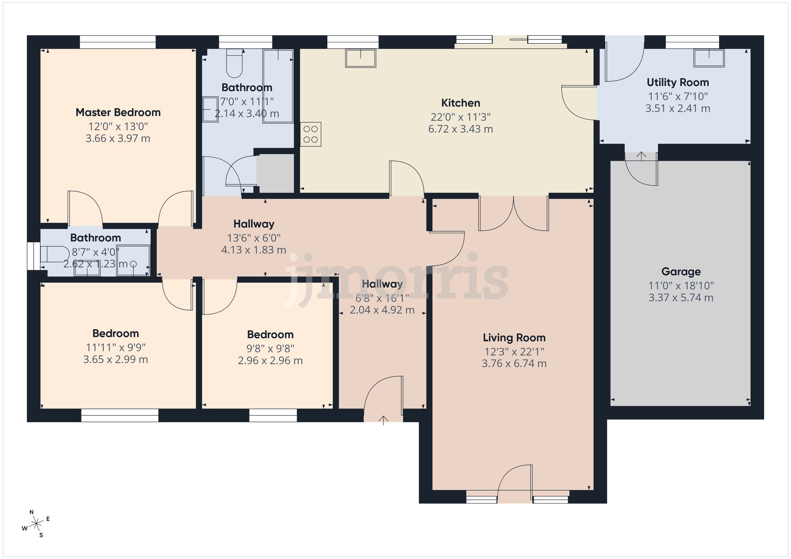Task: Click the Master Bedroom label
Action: click(x=118, y=113)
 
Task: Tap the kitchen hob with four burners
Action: click(x=310, y=134)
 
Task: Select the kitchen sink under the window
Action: click(x=360, y=58)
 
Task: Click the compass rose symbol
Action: click(x=36, y=524)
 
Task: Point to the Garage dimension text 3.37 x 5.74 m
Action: click(x=681, y=298)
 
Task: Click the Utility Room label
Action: click(x=677, y=83)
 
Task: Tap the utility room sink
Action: click(x=709, y=58)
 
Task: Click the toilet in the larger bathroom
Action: click(x=234, y=64)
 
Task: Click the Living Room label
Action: click(x=514, y=338)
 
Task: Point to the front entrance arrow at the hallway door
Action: click(x=383, y=420)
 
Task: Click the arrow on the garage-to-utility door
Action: click(x=641, y=156)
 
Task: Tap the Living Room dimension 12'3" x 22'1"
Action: click(x=514, y=352)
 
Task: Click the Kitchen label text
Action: click(x=460, y=103)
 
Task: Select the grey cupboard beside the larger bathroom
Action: click(x=275, y=173)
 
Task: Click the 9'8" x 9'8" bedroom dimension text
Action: click(x=270, y=349)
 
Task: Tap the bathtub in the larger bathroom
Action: click(x=278, y=86)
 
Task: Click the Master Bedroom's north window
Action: click(x=117, y=42)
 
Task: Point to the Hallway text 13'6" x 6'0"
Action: click(x=254, y=238)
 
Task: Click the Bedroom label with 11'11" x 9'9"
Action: click(x=115, y=333)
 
